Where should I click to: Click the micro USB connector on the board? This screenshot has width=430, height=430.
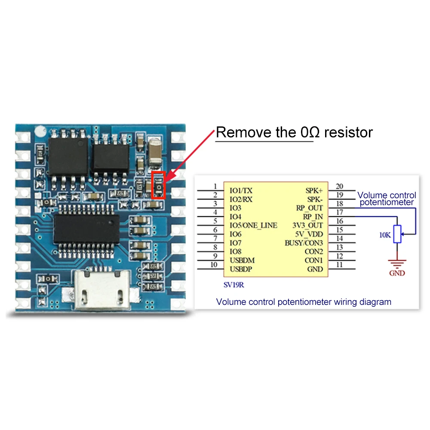pos(101,289)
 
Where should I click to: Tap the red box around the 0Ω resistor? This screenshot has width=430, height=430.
pos(159,185)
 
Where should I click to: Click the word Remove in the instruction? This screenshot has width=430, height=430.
pos(242,132)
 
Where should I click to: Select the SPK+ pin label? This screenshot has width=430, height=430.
pos(314,190)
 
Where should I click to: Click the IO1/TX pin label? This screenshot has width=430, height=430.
pos(241,190)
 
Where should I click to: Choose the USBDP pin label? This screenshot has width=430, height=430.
pos(241,269)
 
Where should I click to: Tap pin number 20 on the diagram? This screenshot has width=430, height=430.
pos(339,186)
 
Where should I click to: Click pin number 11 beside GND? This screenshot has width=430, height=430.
pos(339,265)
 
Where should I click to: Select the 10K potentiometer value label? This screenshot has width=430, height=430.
pos(385,235)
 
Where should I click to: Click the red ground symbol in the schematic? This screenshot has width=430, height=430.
pos(397,262)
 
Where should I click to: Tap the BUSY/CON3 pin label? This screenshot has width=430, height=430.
pos(304,243)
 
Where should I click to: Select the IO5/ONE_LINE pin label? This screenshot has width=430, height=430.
pos(253,225)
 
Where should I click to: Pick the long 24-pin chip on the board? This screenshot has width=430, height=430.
pos(86,228)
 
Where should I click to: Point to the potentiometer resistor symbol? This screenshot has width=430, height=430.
pos(398,233)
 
